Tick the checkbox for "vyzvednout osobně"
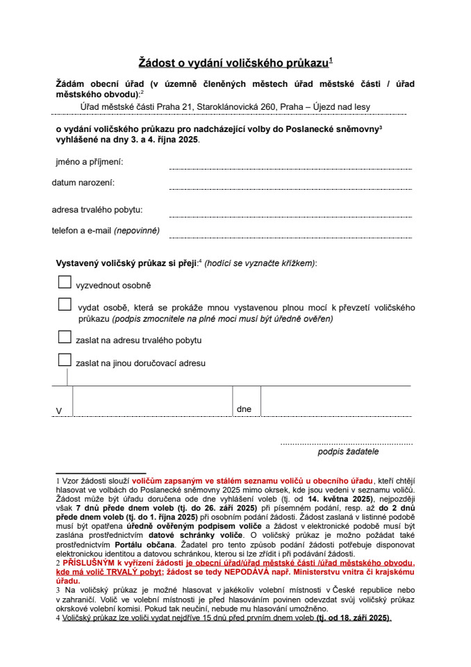click(x=65, y=282)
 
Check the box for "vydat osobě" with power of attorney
click(x=65, y=304)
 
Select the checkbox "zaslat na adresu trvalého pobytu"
click(x=65, y=337)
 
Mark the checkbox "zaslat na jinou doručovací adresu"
click(x=65, y=359)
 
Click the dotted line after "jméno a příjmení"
click(x=290, y=167)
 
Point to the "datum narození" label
click(x=83, y=183)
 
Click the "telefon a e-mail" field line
click(x=290, y=236)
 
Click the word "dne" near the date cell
click(x=244, y=409)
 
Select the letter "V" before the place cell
click(x=59, y=411)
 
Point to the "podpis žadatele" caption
click(x=348, y=452)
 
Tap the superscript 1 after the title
click(x=331, y=60)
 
